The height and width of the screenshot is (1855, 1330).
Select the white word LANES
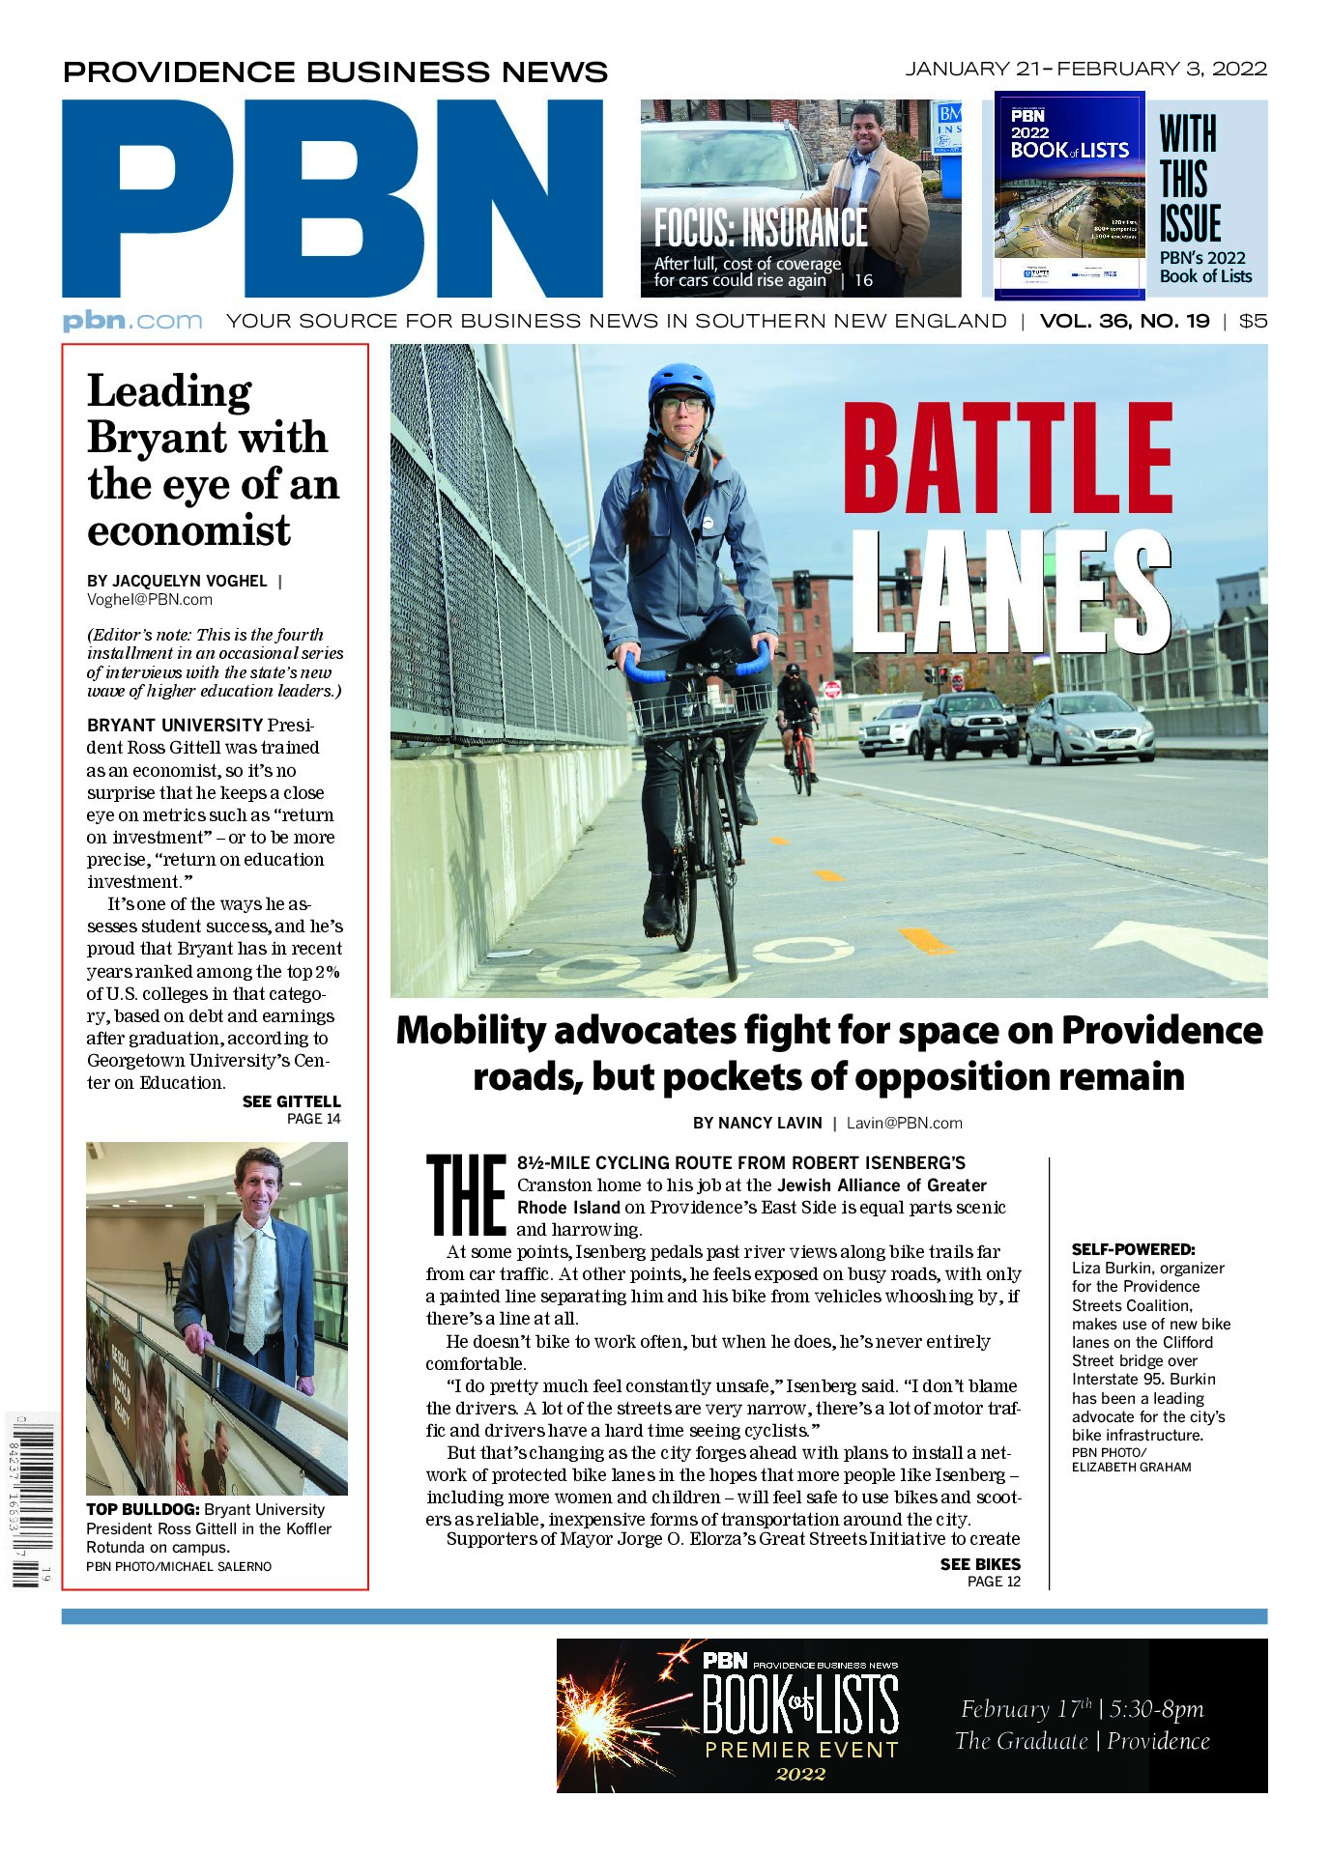(x=1010, y=590)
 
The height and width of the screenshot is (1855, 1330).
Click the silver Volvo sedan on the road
(x=1089, y=726)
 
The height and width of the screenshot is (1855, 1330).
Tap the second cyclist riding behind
(x=797, y=721)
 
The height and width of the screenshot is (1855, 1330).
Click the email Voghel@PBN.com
(x=150, y=599)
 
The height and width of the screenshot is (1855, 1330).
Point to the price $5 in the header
(x=1253, y=321)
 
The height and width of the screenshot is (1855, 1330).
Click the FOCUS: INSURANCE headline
(x=761, y=229)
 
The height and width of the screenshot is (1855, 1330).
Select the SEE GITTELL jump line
(x=291, y=1101)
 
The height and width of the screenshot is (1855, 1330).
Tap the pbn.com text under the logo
(x=132, y=321)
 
